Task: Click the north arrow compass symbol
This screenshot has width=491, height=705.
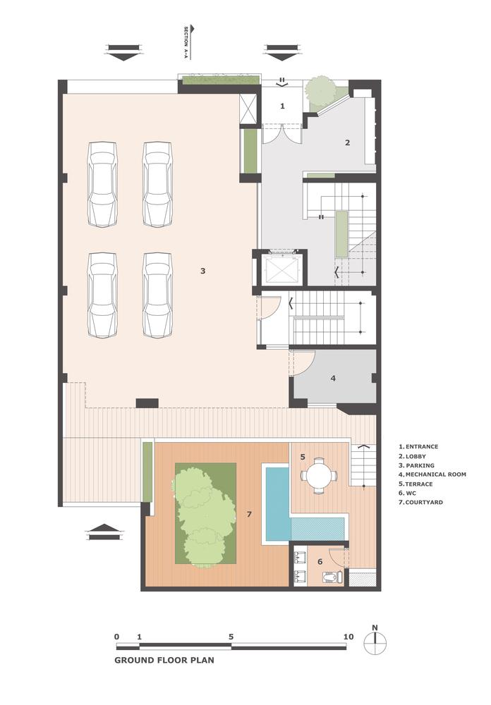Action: click(x=376, y=640)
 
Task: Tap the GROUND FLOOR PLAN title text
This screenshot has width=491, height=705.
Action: click(x=164, y=661)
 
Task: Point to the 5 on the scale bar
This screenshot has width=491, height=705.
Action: click(x=231, y=637)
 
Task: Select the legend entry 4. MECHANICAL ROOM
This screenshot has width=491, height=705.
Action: click(x=432, y=474)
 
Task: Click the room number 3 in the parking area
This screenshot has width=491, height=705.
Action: click(x=202, y=271)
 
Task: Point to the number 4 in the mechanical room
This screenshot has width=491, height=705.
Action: click(x=333, y=378)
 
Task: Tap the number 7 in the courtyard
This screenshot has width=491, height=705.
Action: click(x=249, y=514)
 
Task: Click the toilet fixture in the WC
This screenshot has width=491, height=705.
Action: click(x=330, y=577)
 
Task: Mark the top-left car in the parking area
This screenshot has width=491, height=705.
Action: click(x=103, y=184)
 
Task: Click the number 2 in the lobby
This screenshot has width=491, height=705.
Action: click(x=347, y=142)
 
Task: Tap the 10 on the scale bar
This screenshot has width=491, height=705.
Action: click(x=348, y=637)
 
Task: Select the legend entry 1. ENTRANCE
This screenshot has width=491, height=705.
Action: click(x=418, y=447)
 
